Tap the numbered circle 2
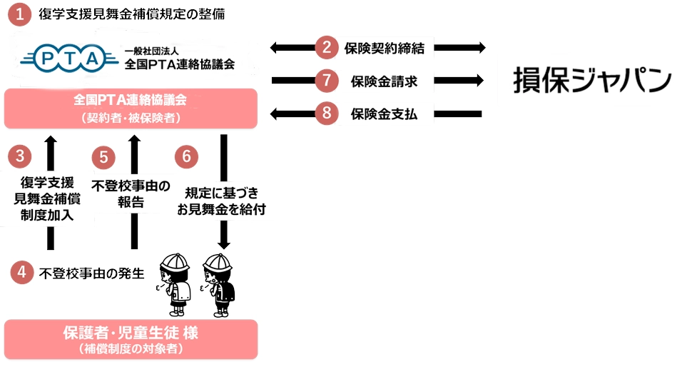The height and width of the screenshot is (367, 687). [326, 49]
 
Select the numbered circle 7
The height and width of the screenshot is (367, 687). [326, 81]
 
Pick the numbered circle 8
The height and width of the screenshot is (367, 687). [326, 113]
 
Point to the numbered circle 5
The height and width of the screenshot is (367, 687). [104, 156]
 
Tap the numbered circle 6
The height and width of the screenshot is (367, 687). [186, 156]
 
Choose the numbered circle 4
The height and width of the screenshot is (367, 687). [22, 271]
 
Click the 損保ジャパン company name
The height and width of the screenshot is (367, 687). [591, 80]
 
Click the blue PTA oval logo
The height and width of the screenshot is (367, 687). [70, 57]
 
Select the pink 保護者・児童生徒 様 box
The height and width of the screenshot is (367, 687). [131, 338]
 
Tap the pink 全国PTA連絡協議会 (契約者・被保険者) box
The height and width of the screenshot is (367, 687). [131, 109]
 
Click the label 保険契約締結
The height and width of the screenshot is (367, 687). [384, 49]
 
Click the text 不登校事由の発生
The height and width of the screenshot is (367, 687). [92, 272]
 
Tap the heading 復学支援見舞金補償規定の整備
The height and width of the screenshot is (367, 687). [129, 15]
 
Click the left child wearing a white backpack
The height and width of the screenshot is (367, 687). [175, 284]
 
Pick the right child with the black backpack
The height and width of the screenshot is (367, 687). [220, 284]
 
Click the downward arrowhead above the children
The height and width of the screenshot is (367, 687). [224, 243]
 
